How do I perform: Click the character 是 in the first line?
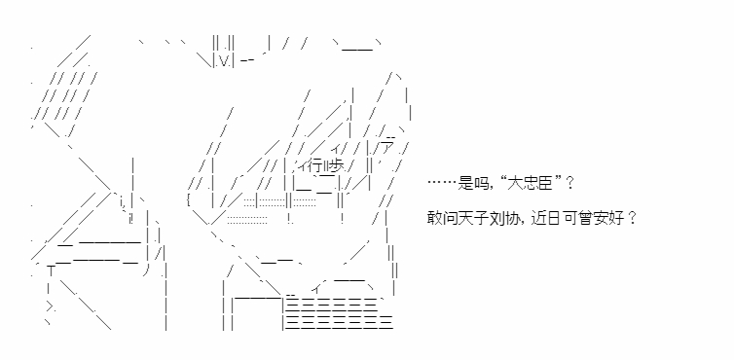coord(465,183)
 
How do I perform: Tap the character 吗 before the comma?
coord(480,183)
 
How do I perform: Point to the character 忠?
coord(529,183)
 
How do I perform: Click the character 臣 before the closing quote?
coord(544,183)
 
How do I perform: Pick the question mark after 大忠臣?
coord(569,183)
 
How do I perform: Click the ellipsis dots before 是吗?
coord(442,183)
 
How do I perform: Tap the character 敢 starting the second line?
coord(434,218)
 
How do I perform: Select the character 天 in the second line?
coord(465,218)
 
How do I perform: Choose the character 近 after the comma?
coord(538,218)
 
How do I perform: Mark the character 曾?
coord(586,218)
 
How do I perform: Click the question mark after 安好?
coord(632,218)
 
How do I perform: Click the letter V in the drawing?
coord(222,61)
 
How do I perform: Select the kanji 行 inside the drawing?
coord(314,165)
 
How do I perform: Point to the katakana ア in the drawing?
coord(386,147)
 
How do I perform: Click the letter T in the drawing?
coord(50,271)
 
